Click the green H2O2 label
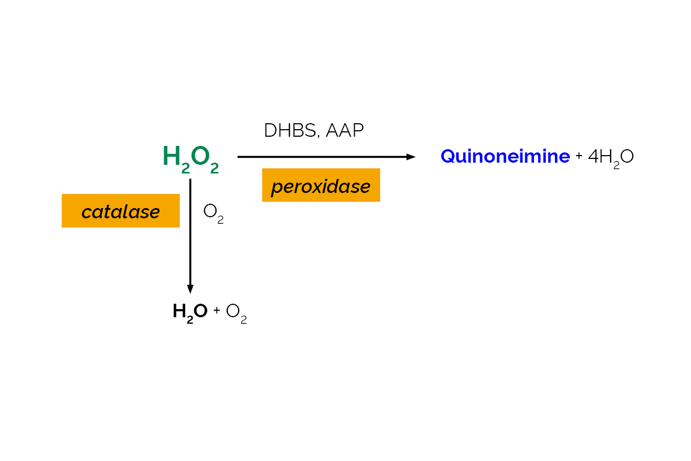[x=191, y=157]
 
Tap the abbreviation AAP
[x=344, y=131]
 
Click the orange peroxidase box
[x=321, y=185]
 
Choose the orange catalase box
[x=120, y=211]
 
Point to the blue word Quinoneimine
[x=505, y=156]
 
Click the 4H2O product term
[x=611, y=157]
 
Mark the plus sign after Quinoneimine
[x=579, y=157]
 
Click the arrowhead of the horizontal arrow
[x=411, y=157]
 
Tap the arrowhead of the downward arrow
[x=190, y=289]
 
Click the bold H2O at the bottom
[x=189, y=311]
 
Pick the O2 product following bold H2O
[x=236, y=312]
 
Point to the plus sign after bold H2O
[x=216, y=311]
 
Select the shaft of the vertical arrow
[x=190, y=232]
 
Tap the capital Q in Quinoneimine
[x=448, y=156]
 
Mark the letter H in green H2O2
[x=171, y=156]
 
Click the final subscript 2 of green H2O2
[x=214, y=169]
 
